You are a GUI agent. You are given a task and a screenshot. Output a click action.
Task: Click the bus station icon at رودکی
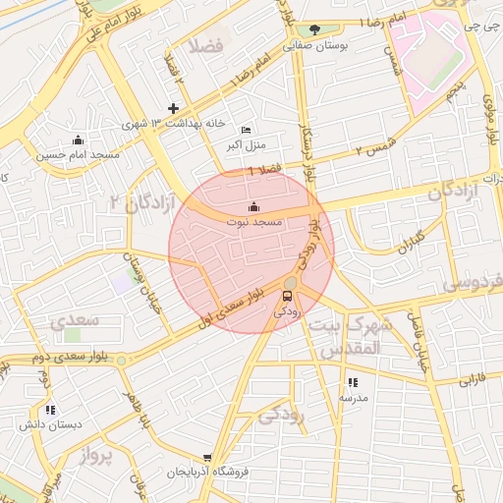289,295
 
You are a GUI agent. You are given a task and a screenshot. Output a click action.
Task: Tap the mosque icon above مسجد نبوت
254,207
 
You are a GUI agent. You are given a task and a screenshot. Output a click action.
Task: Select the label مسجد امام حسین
78,155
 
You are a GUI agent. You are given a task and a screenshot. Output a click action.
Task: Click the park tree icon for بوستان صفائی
314,29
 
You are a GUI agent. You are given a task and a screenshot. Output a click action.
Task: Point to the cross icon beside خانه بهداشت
174,108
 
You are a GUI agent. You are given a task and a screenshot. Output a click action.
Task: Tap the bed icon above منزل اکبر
246,131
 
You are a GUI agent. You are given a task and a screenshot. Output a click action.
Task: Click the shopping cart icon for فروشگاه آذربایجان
207,457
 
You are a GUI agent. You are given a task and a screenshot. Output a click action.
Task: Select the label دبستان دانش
50,424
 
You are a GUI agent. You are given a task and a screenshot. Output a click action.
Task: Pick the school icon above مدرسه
353,382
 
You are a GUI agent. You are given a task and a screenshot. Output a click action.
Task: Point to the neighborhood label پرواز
97,456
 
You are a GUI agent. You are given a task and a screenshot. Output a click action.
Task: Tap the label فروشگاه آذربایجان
207,473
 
